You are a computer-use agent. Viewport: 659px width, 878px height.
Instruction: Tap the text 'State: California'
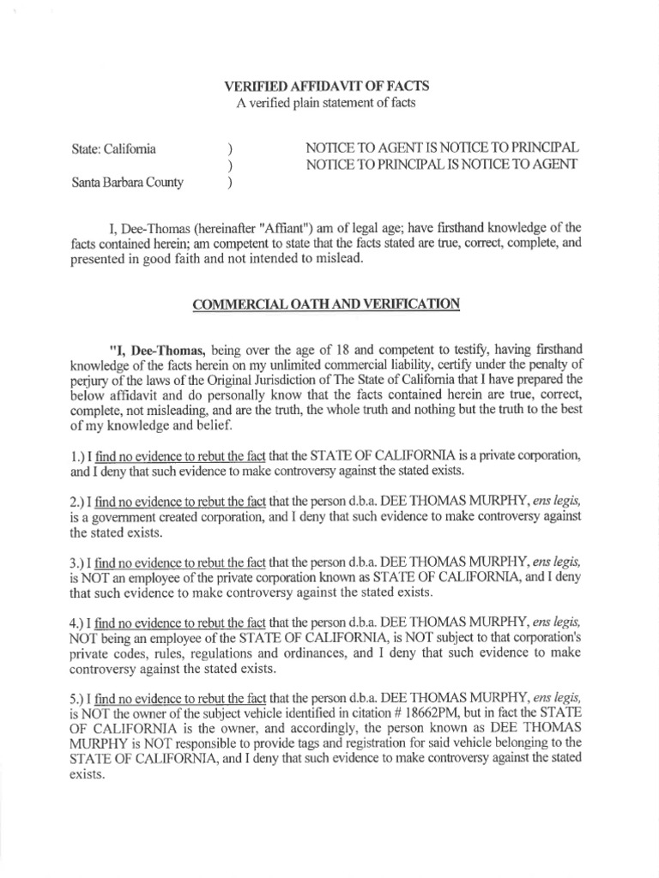tap(113, 149)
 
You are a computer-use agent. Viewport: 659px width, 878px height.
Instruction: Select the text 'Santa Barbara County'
tap(128, 182)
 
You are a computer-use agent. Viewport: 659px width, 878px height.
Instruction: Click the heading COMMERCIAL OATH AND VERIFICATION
tap(327, 304)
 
